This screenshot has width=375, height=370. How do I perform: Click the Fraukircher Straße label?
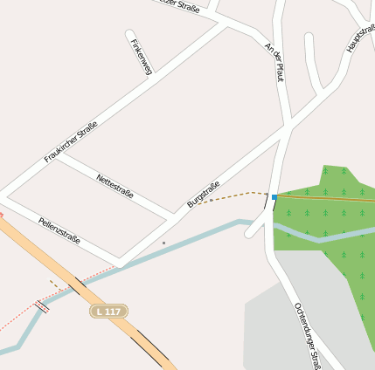point(71,142)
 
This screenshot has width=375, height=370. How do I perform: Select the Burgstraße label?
point(203,195)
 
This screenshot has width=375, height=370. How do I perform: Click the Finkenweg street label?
point(140,57)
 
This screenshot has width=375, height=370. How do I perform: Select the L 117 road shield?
point(109,311)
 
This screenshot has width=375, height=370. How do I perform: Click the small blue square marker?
point(274,198)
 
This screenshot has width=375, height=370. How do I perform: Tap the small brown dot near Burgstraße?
point(163,243)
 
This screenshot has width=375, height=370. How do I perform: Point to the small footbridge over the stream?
point(42,306)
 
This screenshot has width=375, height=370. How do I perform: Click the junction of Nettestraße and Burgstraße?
point(172,216)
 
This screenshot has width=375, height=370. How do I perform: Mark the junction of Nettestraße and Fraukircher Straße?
point(59,157)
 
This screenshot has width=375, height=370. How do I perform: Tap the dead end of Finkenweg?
point(129,35)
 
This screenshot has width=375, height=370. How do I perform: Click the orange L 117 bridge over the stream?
point(80,285)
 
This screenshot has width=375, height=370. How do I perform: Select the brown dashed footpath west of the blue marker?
point(232,195)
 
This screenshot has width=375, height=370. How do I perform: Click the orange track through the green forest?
point(332,198)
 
